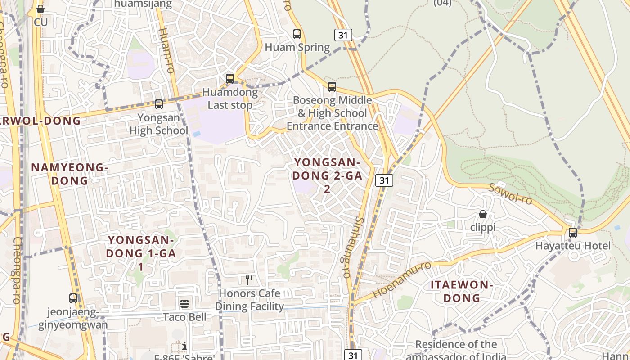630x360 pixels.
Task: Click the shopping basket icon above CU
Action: click(40, 9)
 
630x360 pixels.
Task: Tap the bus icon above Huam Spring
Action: click(297, 34)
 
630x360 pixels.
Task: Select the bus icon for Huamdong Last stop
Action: click(230, 78)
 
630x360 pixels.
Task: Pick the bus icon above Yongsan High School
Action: click(158, 104)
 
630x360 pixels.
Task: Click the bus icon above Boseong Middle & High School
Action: click(332, 86)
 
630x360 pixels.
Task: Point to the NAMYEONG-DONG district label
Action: click(69, 174)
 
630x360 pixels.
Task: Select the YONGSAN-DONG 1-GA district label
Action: click(141, 253)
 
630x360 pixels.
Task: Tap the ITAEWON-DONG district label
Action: click(462, 291)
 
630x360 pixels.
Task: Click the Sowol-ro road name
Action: click(510, 193)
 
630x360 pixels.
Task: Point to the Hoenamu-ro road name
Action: click(402, 279)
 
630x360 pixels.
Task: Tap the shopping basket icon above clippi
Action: click(483, 214)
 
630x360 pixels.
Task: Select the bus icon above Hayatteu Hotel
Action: click(572, 232)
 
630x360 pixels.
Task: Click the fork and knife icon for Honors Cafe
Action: click(249, 280)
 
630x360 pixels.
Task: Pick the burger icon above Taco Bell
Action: click(184, 304)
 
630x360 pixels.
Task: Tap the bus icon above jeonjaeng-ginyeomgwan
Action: click(73, 298)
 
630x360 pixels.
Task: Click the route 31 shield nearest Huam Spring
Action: click(343, 35)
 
